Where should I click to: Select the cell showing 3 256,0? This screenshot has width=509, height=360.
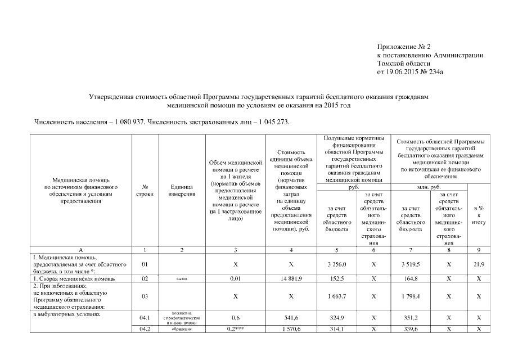tap(337, 264)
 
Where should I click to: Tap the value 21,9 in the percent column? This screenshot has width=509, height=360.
tap(479, 264)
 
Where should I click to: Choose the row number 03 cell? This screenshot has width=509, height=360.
tap(145, 296)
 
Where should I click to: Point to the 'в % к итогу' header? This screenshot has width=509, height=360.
tap(479, 215)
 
